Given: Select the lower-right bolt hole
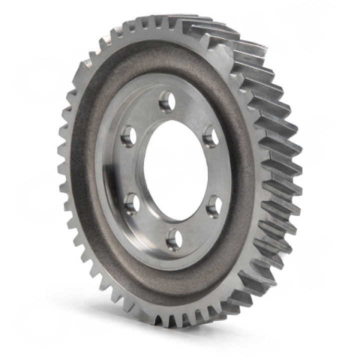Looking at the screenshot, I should (214, 205).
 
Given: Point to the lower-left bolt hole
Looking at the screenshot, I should (132, 203).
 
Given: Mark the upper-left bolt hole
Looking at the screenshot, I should (128, 135).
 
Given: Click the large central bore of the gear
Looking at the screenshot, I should (175, 170).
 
